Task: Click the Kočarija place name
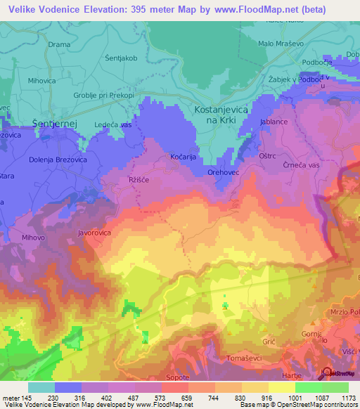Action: [183, 157]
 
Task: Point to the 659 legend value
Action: [188, 397]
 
